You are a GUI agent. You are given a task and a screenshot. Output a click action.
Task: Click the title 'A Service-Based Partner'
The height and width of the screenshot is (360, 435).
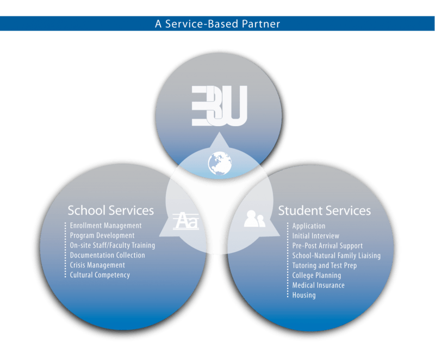(217, 24)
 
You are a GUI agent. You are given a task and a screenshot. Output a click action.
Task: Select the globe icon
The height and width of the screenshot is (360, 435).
(220, 163)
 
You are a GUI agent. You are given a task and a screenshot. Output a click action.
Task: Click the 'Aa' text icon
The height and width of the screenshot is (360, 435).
(185, 221)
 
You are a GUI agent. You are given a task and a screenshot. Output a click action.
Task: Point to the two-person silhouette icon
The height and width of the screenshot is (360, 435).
(254, 219)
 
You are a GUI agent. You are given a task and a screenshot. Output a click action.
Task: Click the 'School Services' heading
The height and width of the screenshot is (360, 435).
(110, 210)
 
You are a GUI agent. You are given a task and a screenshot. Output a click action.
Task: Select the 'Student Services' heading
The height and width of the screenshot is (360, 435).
(324, 210)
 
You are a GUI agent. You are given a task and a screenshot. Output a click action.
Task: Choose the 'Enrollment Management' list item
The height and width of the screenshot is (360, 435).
(105, 226)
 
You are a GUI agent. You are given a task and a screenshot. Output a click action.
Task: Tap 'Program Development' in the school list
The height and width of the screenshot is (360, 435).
(102, 235)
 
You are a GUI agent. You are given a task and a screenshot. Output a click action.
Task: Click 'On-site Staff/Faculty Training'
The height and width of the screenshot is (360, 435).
(113, 245)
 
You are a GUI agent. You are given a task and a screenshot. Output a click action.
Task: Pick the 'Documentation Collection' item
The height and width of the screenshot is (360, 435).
(108, 255)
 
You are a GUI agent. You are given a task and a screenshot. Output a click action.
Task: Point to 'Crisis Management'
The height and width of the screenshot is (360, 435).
(97, 265)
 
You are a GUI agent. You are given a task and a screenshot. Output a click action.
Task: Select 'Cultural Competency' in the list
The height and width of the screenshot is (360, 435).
(100, 275)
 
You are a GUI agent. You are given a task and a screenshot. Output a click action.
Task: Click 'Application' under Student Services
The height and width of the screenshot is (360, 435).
(309, 226)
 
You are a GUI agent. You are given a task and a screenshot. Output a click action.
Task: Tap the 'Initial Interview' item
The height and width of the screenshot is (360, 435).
(315, 236)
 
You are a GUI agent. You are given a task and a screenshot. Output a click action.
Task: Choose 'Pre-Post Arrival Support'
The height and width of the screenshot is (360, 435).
(327, 246)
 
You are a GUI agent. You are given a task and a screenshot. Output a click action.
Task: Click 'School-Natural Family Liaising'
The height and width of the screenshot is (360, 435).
(336, 256)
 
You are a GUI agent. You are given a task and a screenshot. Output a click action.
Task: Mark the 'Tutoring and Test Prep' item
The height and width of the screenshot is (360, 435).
(324, 265)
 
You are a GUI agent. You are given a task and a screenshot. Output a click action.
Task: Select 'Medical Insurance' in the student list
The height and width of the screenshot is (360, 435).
(318, 285)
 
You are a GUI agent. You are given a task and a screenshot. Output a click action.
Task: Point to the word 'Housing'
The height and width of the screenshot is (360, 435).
(304, 295)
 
